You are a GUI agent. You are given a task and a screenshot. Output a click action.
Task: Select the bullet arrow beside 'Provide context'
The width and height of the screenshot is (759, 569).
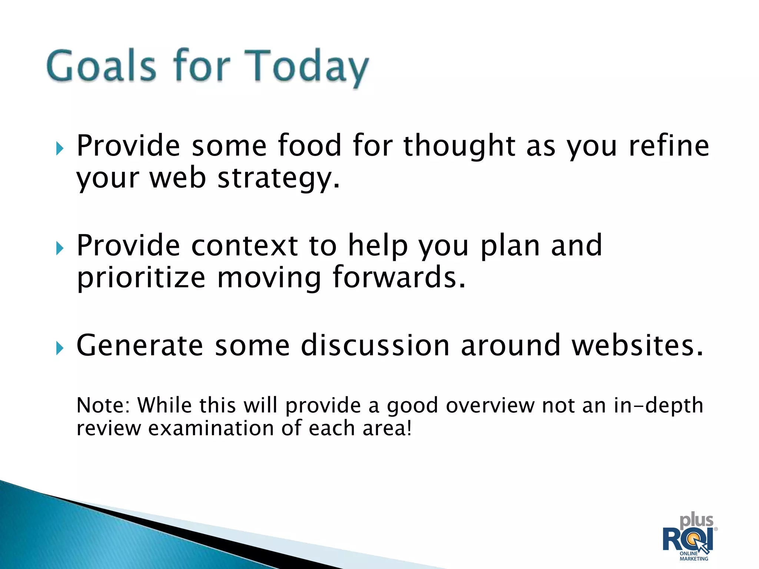click(x=60, y=248)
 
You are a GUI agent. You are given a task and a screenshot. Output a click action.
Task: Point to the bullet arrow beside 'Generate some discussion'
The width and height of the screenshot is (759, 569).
click(x=60, y=348)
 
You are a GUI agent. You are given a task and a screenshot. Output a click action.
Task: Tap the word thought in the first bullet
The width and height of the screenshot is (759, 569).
click(x=459, y=146)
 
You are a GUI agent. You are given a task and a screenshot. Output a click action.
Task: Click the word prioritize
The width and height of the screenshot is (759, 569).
click(x=141, y=278)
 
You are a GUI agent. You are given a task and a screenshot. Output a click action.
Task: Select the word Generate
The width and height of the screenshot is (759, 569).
click(x=140, y=345)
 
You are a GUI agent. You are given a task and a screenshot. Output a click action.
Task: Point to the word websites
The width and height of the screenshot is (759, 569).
click(x=637, y=345)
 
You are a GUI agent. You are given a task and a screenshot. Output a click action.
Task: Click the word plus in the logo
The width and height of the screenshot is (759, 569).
click(x=696, y=521)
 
